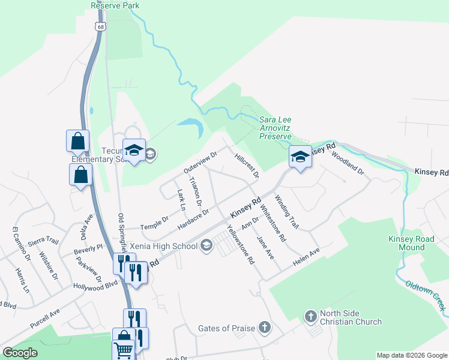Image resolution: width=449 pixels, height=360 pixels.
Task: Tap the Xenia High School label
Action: pos(164,246)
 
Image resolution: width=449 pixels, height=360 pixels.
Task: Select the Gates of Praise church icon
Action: pos(265,328)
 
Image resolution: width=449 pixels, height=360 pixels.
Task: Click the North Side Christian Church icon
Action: pos(310,316)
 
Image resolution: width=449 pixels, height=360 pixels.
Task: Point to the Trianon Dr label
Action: pos(196,190)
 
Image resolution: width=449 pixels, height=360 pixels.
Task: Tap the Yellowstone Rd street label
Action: pos(241,244)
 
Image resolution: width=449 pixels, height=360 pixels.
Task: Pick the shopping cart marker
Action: pos(123,350)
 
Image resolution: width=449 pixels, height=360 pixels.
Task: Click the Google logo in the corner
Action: pos(20,353)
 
